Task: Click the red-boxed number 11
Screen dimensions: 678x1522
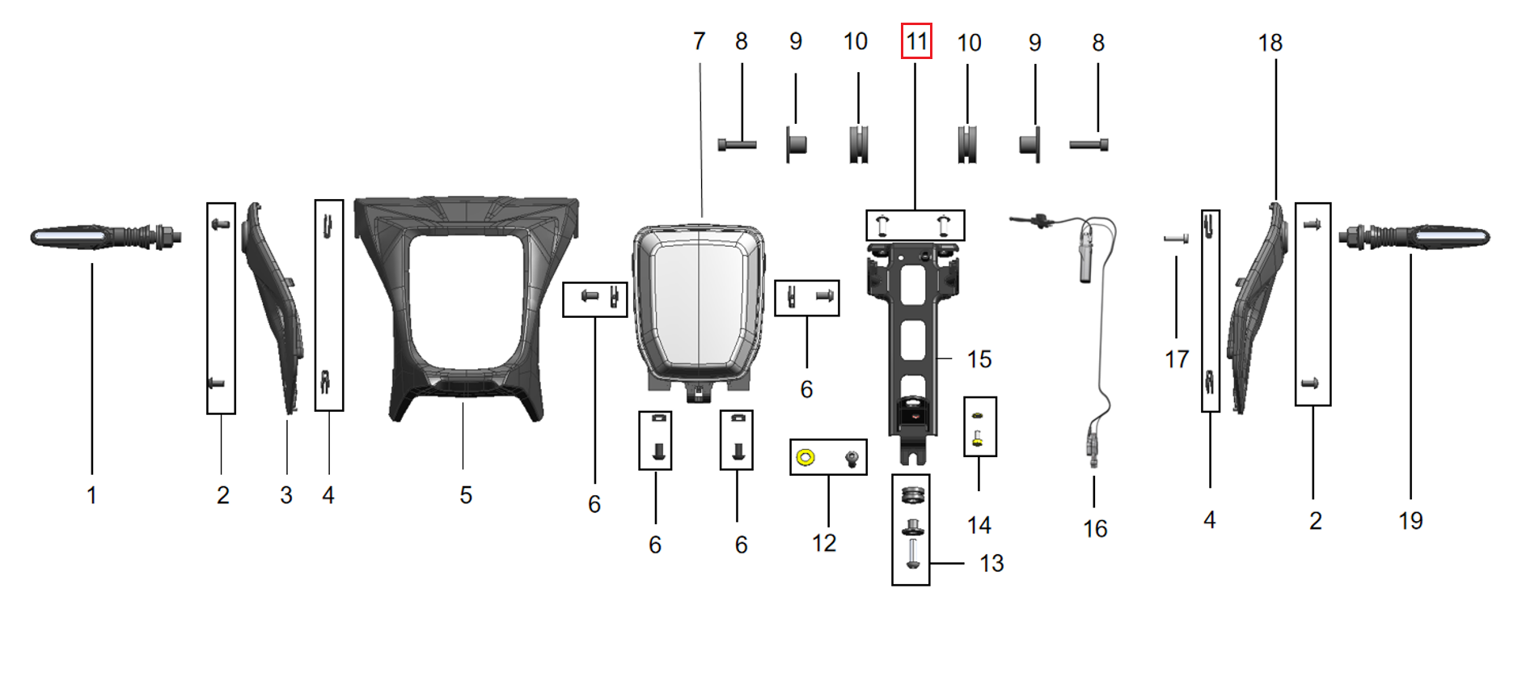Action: (x=916, y=41)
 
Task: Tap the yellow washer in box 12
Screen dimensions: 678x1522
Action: (x=805, y=458)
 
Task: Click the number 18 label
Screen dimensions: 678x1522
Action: (x=1270, y=43)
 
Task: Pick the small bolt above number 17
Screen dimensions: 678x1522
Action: (x=1176, y=239)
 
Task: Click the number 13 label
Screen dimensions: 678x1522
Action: (x=991, y=563)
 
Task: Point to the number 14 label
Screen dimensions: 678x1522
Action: (x=979, y=525)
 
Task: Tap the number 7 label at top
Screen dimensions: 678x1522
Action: (x=699, y=41)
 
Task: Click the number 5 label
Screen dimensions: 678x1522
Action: (x=466, y=495)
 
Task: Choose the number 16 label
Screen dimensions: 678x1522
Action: (x=1095, y=529)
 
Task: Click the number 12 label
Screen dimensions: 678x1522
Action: (x=824, y=543)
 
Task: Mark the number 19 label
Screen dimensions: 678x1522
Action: (x=1410, y=520)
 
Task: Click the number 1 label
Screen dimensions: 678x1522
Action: (x=91, y=495)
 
